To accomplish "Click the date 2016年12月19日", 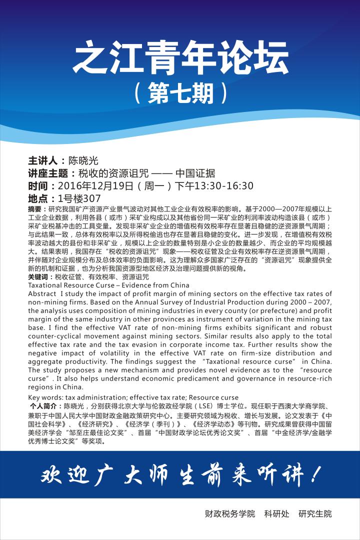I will [103, 186].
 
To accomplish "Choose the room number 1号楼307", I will [79, 198].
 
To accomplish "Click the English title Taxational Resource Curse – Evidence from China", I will [108, 285].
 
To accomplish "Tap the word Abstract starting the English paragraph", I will [42, 293].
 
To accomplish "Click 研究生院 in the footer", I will [315, 513].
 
